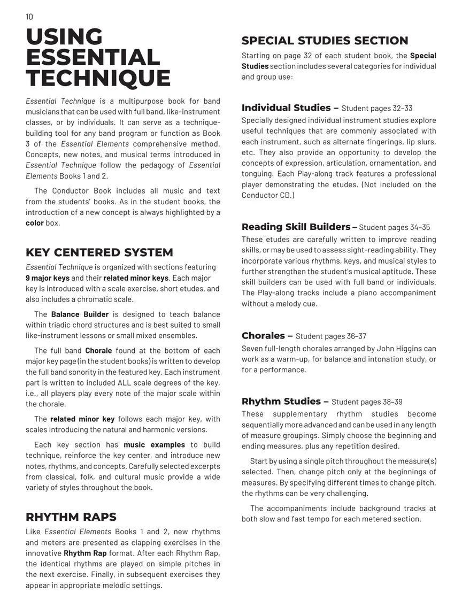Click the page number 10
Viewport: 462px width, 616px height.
29,17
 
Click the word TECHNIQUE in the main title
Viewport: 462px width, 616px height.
98,78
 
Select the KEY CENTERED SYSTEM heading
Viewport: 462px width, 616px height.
99,252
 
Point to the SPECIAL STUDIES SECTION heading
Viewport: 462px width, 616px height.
325,41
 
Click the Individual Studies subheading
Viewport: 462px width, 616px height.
286,108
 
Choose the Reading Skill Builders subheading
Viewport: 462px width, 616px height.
296,227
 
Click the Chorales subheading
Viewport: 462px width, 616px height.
263,336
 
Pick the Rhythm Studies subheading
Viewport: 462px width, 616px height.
281,402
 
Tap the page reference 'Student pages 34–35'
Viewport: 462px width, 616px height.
394,227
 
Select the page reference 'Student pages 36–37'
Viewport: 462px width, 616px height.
330,336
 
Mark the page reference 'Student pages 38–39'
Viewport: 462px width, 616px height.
367,402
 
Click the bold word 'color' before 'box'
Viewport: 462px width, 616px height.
35,223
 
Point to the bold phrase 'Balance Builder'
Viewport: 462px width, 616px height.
80,314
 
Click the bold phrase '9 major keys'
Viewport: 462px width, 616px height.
48,278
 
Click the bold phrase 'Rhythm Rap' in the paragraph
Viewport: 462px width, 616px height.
85,553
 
